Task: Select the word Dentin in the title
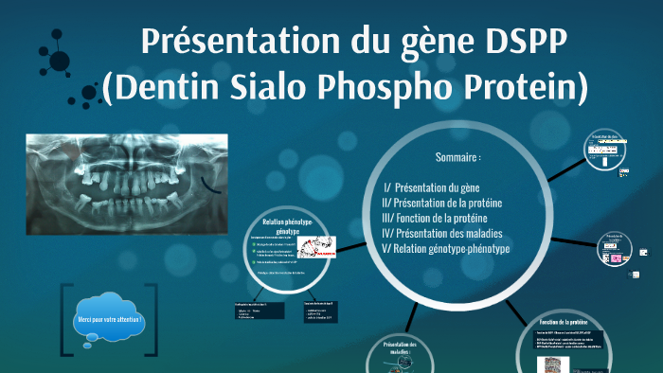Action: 170,87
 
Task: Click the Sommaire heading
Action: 458,157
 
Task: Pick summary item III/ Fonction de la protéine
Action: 435,218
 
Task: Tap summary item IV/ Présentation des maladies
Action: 441,233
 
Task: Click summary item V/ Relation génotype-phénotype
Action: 445,248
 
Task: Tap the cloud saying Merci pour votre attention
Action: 110,319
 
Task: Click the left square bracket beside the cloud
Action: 66,319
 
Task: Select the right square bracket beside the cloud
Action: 152,319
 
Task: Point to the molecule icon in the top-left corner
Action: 56,57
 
